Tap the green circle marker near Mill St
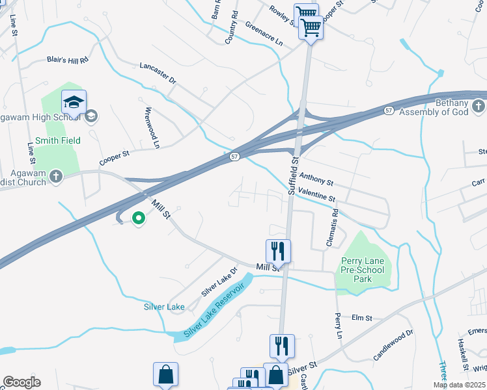(138, 219)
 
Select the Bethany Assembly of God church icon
(478, 105)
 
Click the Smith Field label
(57, 140)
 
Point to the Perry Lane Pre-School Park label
(363, 270)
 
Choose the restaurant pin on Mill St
(278, 251)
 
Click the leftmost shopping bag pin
(165, 375)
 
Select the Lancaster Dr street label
(158, 72)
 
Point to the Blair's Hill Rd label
(67, 59)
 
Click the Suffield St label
(294, 176)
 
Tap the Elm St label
(361, 318)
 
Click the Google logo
(21, 382)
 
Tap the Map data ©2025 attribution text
(459, 385)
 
